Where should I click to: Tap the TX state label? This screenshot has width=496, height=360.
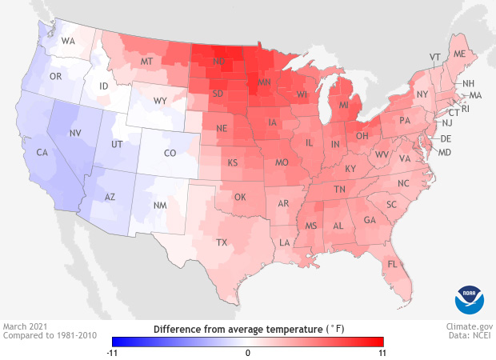[x=222, y=242]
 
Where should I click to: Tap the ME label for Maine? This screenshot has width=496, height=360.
[x=459, y=54]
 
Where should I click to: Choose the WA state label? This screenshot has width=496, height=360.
[x=68, y=41]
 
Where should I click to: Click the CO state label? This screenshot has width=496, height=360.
[x=169, y=152]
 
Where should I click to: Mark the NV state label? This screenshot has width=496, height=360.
[x=77, y=134]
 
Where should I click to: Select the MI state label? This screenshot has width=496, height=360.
[x=343, y=105]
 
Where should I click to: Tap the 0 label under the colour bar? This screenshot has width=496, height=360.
[x=248, y=352]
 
